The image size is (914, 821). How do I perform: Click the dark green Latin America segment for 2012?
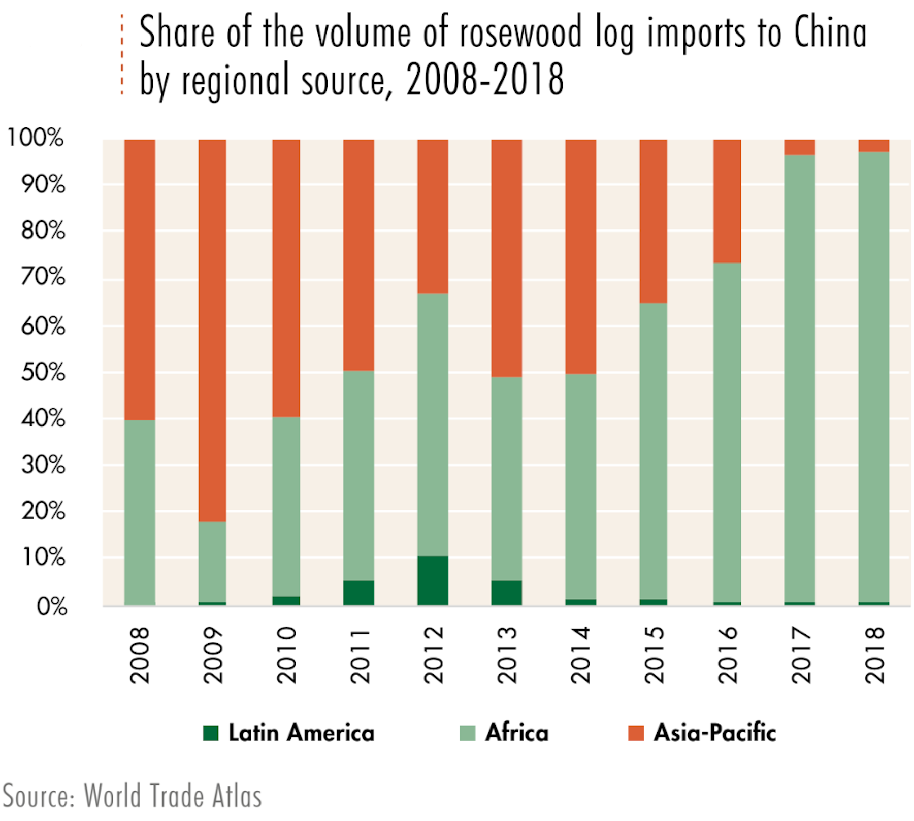[x=433, y=580]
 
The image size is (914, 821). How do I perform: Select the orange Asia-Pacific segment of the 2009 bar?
[x=212, y=330]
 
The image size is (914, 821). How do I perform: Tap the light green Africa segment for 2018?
[x=873, y=376]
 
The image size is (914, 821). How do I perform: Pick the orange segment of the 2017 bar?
[x=800, y=147]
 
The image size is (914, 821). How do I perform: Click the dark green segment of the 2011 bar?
[x=358, y=593]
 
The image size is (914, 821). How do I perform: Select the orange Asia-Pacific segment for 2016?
[x=727, y=201]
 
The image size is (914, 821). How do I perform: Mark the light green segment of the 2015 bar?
[x=653, y=451]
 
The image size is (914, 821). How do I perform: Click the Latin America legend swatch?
[x=211, y=733]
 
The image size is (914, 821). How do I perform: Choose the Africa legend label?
[x=517, y=733]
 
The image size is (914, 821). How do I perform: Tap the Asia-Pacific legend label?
[x=714, y=733]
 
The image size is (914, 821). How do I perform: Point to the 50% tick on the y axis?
[x=44, y=372]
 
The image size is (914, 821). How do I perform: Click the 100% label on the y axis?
[x=36, y=137]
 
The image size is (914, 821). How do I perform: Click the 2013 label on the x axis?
[x=507, y=655]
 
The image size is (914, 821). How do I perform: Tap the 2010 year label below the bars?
[x=286, y=655]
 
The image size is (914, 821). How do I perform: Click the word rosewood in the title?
[x=520, y=33]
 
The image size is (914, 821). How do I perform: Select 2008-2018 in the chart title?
[x=485, y=80]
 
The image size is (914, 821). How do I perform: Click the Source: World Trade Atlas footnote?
[x=132, y=796]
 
